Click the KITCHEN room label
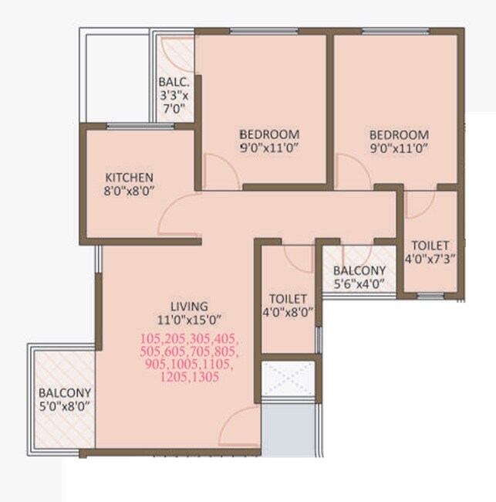pos(130,177)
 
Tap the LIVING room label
pos(190,306)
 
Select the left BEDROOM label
pos(268,133)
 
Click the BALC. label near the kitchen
pos(174,83)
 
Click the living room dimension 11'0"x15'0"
pos(190,320)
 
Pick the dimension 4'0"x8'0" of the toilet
pos(288,313)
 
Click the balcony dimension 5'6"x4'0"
pos(359,284)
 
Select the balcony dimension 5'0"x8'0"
pos(65,406)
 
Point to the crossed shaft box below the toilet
pos(288,378)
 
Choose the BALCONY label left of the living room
pos(65,392)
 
